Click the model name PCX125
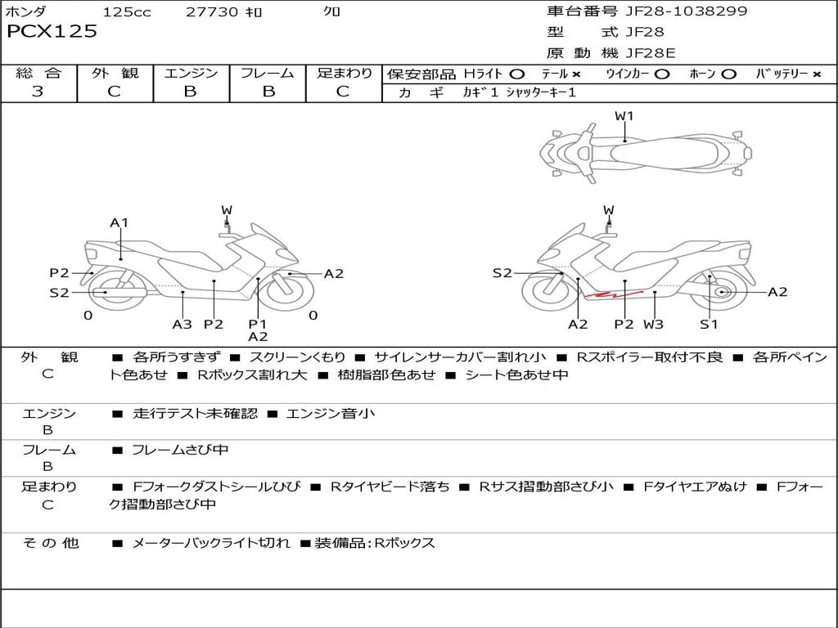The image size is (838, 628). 52,32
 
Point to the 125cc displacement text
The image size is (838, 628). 127,11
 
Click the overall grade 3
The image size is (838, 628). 38,92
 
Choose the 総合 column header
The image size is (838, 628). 38,74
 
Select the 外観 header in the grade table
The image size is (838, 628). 115,74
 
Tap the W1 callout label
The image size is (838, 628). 624,116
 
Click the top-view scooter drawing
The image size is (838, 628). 645,152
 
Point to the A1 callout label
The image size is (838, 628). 120,222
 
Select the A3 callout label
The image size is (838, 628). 182,325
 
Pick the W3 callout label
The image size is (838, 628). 653,325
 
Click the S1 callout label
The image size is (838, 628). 709,325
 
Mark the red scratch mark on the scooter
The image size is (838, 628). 616,293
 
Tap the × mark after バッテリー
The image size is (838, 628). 816,74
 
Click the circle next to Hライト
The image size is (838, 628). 517,74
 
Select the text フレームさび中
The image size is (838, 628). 180,450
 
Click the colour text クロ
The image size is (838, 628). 332,11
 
